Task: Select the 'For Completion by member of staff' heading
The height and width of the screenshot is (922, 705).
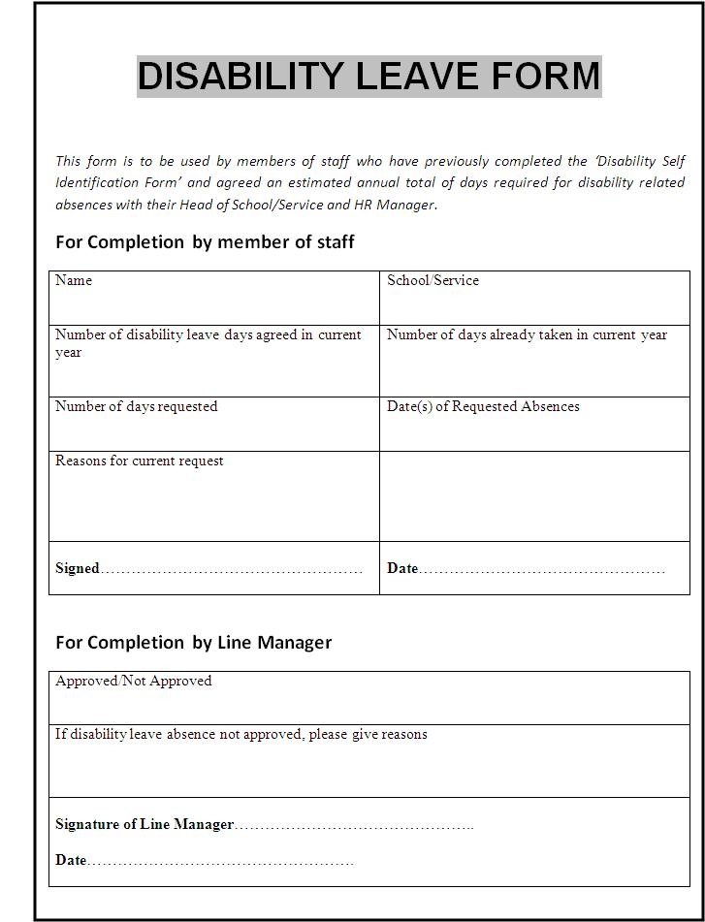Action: click(x=205, y=242)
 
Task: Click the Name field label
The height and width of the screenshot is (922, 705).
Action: click(x=74, y=281)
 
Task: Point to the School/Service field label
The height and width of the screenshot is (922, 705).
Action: click(x=433, y=281)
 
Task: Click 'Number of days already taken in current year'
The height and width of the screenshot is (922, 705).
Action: click(x=527, y=335)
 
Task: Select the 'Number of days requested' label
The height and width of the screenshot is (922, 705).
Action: click(x=136, y=407)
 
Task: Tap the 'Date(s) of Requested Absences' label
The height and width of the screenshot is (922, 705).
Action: click(x=483, y=407)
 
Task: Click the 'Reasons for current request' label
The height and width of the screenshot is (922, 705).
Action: click(x=139, y=461)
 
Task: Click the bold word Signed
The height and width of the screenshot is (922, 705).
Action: click(x=78, y=569)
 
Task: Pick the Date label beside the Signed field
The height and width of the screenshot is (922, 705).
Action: click(x=401, y=569)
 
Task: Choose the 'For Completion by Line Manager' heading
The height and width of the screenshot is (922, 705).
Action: click(x=193, y=643)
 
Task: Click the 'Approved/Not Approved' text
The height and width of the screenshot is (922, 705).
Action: click(x=133, y=682)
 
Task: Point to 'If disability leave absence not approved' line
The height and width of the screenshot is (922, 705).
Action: click(x=240, y=735)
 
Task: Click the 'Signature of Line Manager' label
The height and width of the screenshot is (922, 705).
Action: click(x=144, y=825)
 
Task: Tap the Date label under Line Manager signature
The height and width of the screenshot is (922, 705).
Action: click(x=71, y=860)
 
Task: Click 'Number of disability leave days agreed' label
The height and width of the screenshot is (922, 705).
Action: click(x=208, y=335)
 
